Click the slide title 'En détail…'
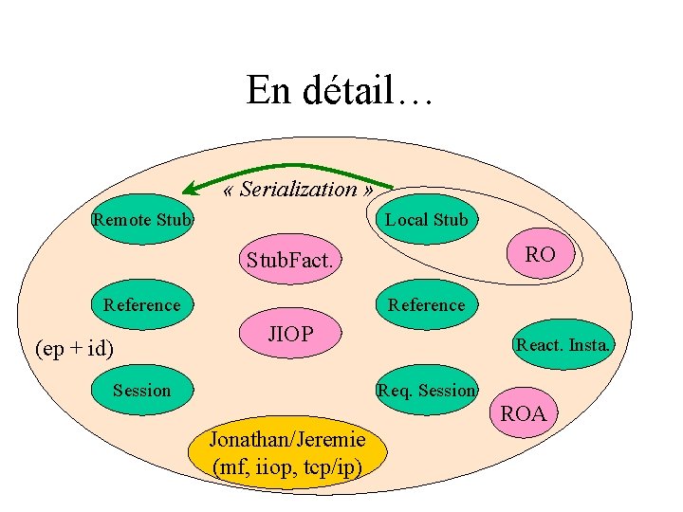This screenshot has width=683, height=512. coord(340,91)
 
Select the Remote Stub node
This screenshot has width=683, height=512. coord(142,220)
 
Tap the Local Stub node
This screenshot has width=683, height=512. coord(427,220)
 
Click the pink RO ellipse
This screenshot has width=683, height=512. coord(540,254)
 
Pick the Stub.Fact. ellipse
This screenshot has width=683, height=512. coord(289,259)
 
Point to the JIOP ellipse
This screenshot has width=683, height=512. coord(290,334)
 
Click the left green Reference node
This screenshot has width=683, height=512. coord(141,304)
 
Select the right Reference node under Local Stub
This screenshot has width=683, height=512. coord(426,304)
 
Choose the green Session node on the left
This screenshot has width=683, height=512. coord(141,390)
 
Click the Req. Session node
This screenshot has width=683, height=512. coord(426,390)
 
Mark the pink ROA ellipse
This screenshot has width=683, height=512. coord(523,413)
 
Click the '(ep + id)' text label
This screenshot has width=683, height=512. coord(74,349)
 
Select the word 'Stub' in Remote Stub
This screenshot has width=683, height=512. coord(173,220)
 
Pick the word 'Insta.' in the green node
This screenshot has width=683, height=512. coord(588,345)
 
